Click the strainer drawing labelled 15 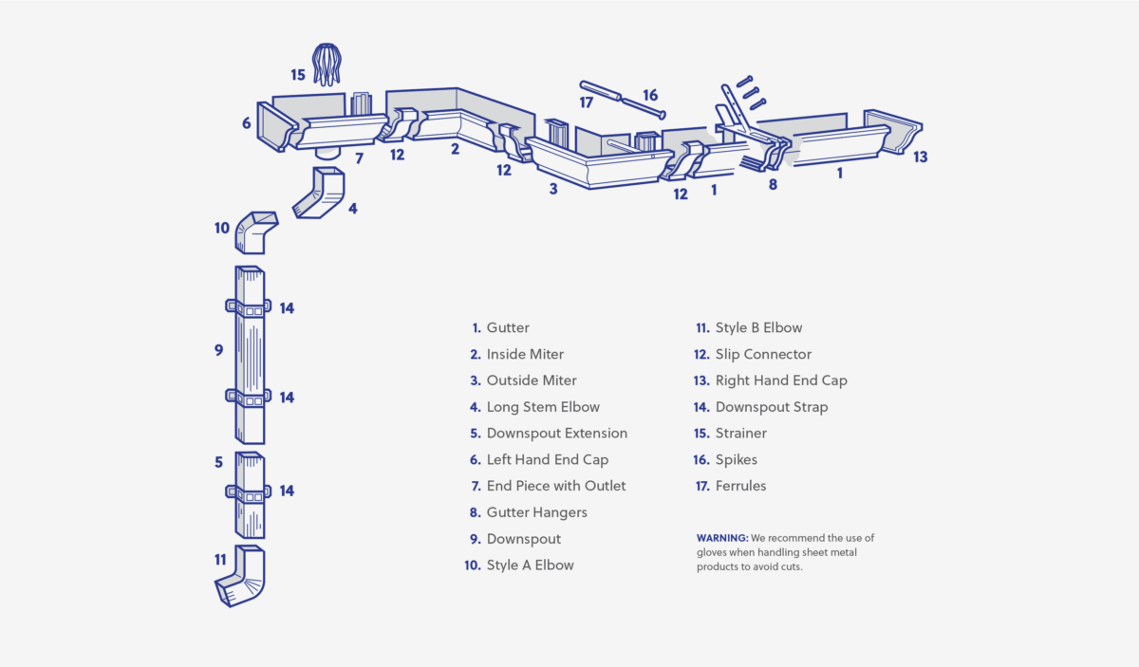tap(327, 64)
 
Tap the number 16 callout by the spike tap(650, 95)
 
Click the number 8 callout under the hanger tap(773, 185)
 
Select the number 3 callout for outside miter tap(552, 189)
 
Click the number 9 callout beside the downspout tap(218, 350)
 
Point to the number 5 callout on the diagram tap(218, 462)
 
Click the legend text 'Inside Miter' tap(525, 354)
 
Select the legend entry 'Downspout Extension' tap(556, 434)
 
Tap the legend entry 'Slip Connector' tap(763, 354)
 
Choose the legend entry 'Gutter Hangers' tap(536, 512)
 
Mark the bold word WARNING tap(722, 538)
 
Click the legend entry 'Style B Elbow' tap(758, 327)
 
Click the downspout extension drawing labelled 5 tap(249, 493)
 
